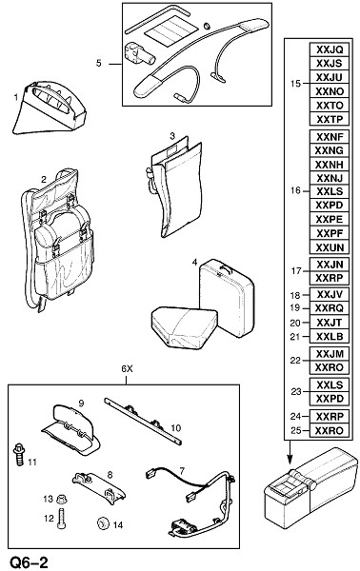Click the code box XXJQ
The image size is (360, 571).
click(x=330, y=49)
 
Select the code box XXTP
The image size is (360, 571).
click(x=330, y=119)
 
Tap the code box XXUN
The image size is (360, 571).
click(x=330, y=247)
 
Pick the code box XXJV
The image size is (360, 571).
click(x=330, y=294)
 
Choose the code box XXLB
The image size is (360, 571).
click(x=330, y=336)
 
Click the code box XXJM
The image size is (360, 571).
click(x=330, y=354)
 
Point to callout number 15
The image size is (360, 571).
click(x=296, y=84)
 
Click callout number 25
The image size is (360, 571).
click(x=296, y=430)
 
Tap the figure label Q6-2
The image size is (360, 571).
click(x=30, y=562)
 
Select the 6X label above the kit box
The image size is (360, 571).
click(x=127, y=369)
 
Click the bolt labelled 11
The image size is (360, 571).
click(x=18, y=454)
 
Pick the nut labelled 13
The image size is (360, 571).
click(x=60, y=499)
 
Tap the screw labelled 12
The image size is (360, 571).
click(x=61, y=519)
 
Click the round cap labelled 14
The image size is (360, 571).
click(x=103, y=523)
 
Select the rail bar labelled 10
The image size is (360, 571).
click(x=143, y=421)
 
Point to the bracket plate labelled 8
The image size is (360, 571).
click(x=99, y=487)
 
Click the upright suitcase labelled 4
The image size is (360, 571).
click(x=227, y=298)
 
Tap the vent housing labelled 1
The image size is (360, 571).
click(x=50, y=108)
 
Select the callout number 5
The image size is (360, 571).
click(x=99, y=64)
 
